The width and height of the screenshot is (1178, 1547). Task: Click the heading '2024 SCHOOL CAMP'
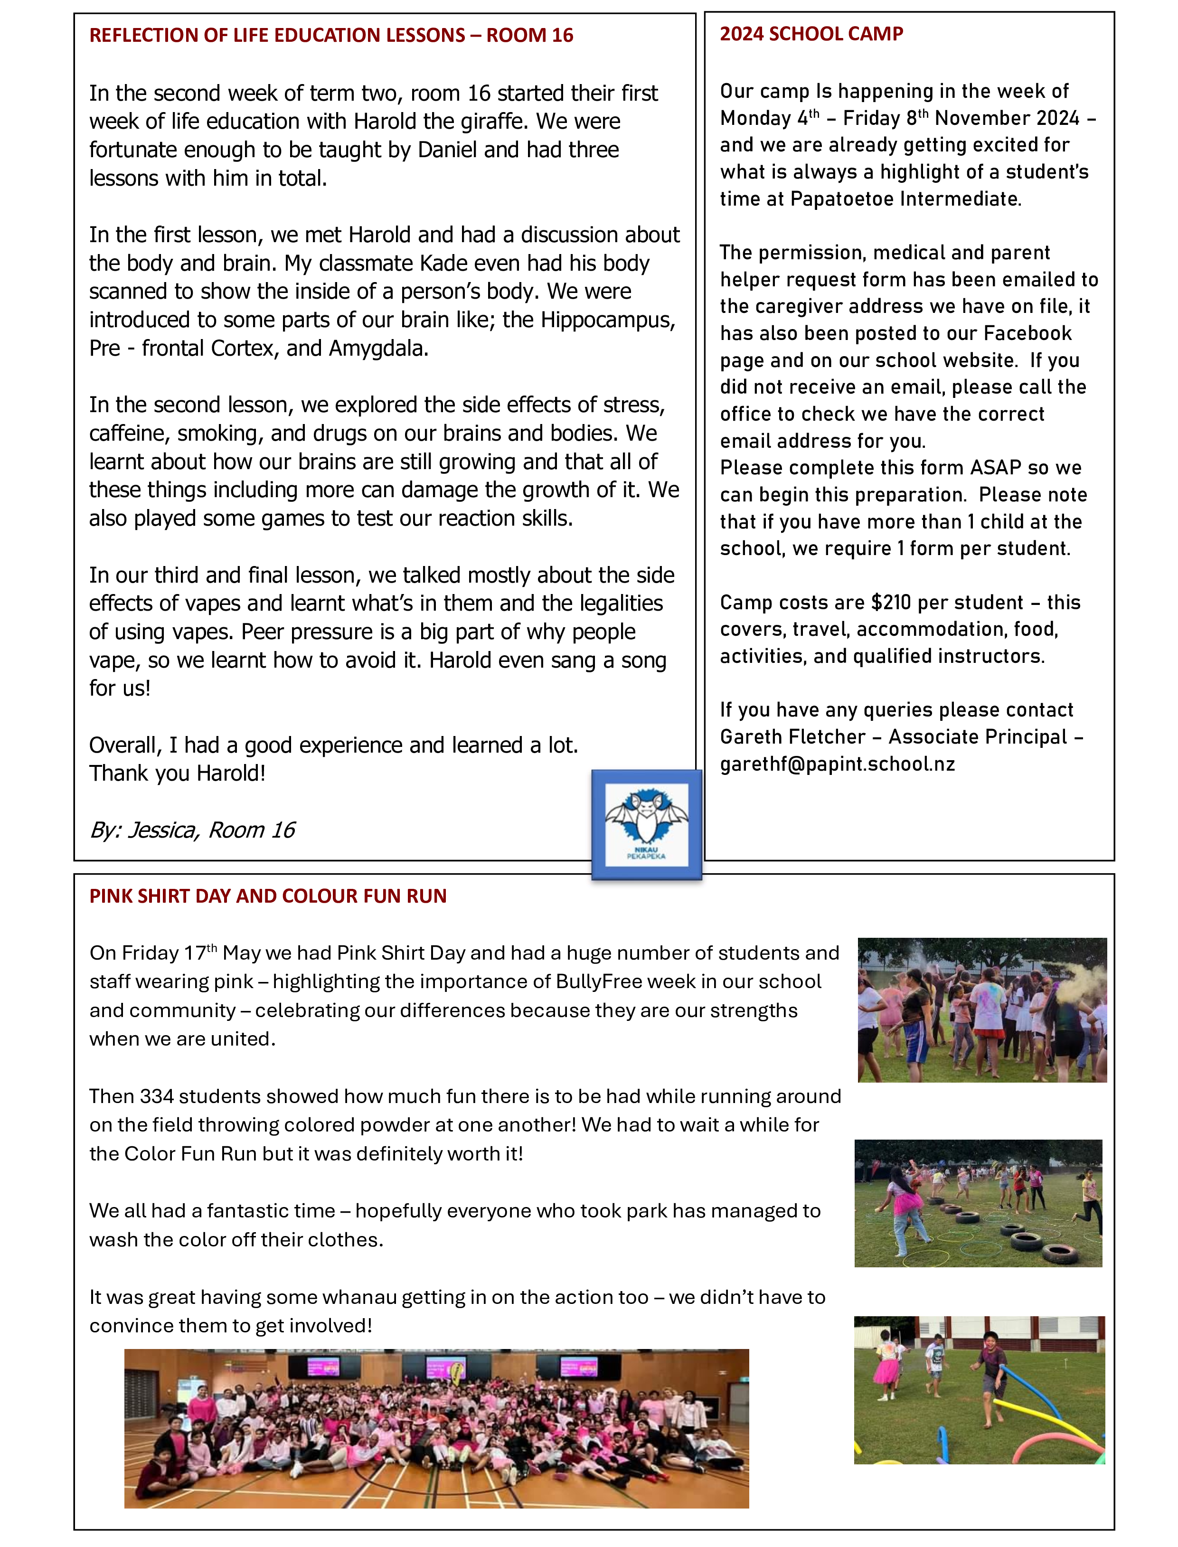tap(811, 34)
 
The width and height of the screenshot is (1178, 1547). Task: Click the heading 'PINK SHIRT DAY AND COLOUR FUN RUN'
tap(268, 896)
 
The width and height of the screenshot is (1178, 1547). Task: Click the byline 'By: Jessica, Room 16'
tap(192, 830)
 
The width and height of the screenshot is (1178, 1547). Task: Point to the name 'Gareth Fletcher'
tap(792, 737)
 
